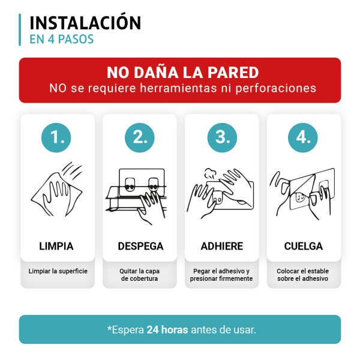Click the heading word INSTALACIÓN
[x=85, y=23]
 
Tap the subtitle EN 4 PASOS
[x=61, y=40]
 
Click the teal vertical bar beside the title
[x=20, y=29]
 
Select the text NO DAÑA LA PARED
[x=182, y=73]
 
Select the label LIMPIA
[x=56, y=246]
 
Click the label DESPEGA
[x=140, y=246]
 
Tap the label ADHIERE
[x=221, y=246]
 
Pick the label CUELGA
[x=304, y=246]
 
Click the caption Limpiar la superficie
[x=58, y=271]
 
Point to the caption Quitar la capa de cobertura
[x=140, y=275]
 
